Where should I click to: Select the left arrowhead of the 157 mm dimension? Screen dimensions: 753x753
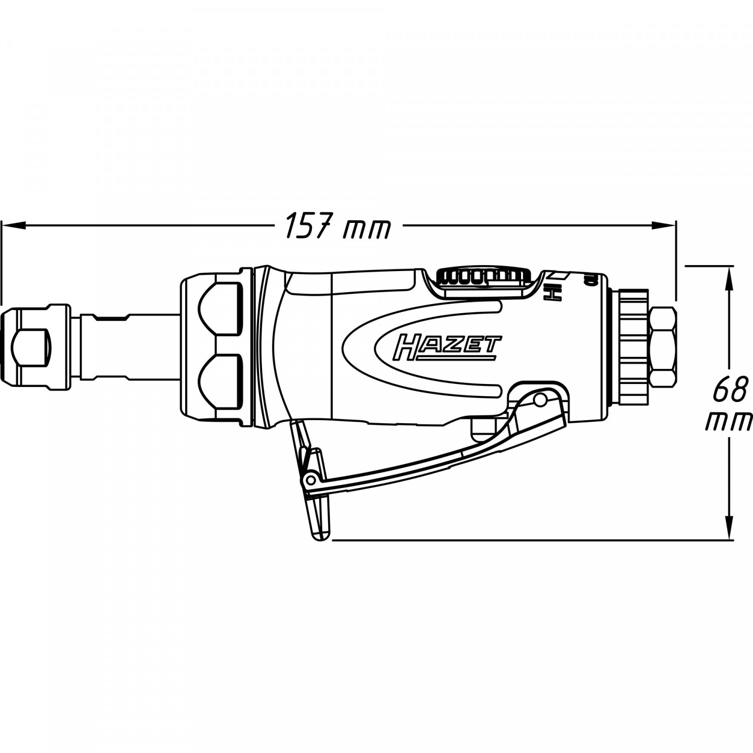12,225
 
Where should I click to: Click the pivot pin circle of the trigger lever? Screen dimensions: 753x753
540,399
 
